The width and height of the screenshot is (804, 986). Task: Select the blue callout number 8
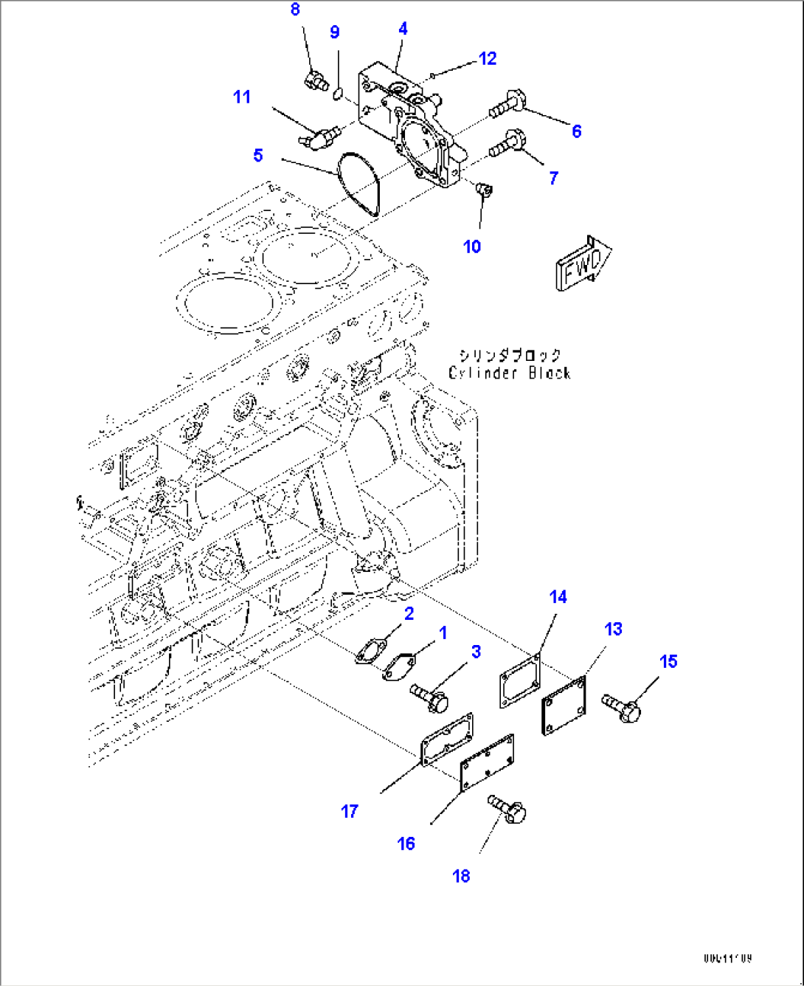tap(295, 10)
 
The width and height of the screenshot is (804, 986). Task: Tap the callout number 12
tap(488, 59)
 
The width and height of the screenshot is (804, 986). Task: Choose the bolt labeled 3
tap(429, 695)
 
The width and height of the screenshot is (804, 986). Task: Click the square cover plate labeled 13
tap(564, 705)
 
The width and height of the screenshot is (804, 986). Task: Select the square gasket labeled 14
tap(520, 682)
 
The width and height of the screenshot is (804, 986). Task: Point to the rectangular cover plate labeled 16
tap(487, 762)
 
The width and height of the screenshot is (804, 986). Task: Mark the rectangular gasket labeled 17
tap(446, 739)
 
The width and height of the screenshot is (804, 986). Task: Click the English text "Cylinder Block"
tap(509, 373)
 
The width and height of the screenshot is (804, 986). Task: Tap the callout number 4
tap(403, 29)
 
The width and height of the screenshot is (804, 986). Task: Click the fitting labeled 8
tap(316, 78)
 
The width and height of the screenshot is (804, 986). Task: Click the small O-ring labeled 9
tap(337, 93)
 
